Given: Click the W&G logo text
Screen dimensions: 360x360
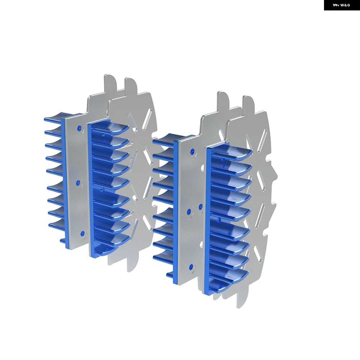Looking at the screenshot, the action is tap(345, 5).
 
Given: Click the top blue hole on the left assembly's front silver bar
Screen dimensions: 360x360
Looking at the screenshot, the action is tap(80, 128).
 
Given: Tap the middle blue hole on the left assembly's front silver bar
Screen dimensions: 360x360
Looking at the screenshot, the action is tap(78, 183).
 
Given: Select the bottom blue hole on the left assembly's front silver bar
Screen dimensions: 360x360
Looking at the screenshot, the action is tap(82, 234).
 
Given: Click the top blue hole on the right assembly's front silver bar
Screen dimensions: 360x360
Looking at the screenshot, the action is tap(192, 152).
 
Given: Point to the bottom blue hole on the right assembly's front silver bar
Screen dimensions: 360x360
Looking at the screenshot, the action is tap(191, 267).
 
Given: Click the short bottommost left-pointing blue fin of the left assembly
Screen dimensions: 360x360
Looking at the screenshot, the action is tap(63, 241).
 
